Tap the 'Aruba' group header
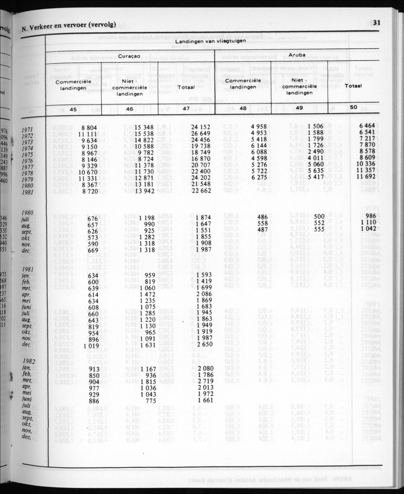(297, 56)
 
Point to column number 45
(73, 109)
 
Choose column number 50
(353, 108)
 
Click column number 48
(242, 109)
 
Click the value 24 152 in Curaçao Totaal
(201, 127)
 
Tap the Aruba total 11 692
(366, 175)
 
